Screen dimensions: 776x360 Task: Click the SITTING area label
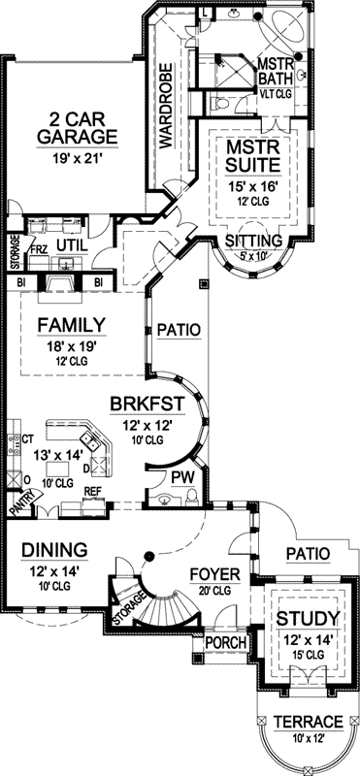(x=253, y=240)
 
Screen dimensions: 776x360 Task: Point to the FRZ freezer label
(x=37, y=248)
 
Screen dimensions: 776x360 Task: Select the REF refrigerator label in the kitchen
(x=94, y=492)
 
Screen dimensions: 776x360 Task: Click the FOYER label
(x=208, y=571)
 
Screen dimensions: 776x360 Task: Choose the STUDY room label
(x=307, y=618)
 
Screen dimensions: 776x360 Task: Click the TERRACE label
(x=307, y=722)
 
